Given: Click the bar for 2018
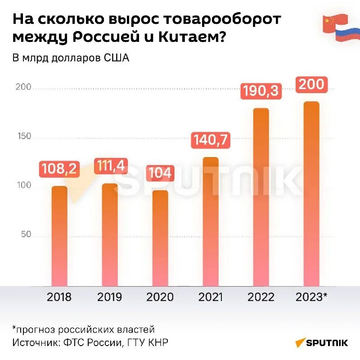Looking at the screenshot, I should click(59, 236).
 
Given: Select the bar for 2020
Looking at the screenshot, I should click(160, 238).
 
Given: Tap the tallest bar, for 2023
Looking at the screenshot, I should click(311, 193).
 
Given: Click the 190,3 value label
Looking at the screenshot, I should click(261, 91).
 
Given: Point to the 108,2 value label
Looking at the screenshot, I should click(59, 169).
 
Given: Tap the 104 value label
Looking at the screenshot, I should click(160, 173).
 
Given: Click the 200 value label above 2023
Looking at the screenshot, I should click(311, 85).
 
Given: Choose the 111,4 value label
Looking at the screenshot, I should click(110, 166).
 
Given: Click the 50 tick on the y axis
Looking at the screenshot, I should click(26, 234).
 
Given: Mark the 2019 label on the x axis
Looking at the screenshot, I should click(109, 297).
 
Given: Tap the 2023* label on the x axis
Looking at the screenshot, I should click(311, 297).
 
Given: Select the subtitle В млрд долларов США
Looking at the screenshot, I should click(71, 58).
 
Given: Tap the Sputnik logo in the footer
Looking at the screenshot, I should click(322, 343).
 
